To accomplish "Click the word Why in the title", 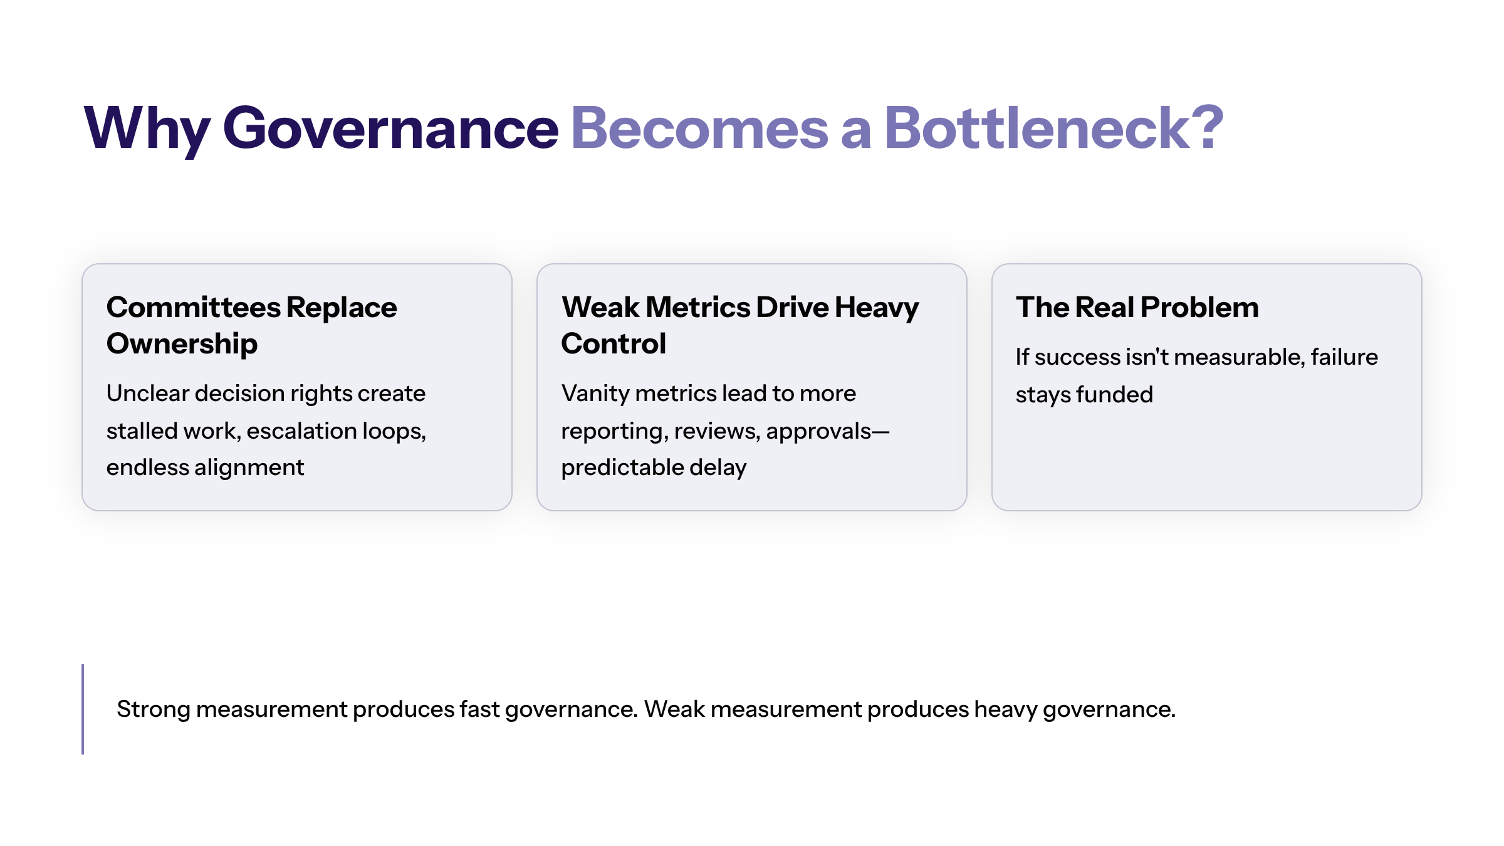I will click(147, 128).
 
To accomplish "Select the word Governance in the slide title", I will click(390, 128).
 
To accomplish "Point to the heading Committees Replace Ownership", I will click(251, 325).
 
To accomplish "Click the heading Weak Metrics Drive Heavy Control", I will click(739, 325).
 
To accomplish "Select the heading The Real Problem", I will click(1137, 307).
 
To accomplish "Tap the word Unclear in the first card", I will click(148, 394).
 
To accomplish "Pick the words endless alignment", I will click(205, 467).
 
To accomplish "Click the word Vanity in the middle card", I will click(595, 394).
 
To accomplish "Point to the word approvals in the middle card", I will click(818, 431).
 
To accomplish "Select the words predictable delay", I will click(654, 467).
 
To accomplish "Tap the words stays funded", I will click(1084, 395).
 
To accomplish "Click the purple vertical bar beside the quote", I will click(83, 709).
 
